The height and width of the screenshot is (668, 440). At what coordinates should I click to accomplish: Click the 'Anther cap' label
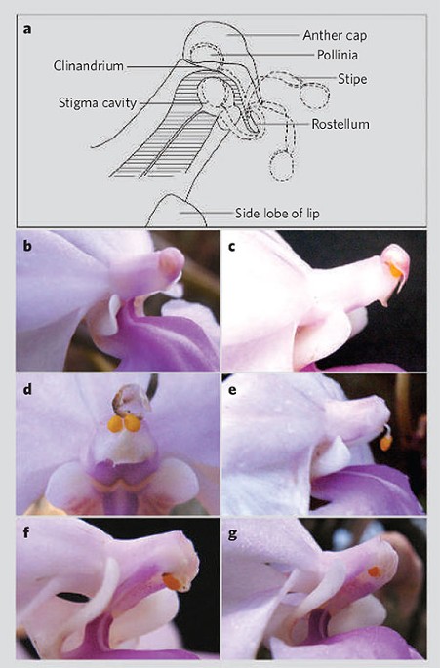point(335,35)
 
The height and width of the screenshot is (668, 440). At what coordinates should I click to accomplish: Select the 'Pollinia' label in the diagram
point(338,55)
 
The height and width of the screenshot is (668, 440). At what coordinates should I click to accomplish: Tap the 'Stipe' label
point(352,79)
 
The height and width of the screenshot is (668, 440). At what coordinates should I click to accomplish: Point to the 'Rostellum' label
point(340,124)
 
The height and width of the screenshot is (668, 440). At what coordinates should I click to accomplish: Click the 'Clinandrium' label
point(89,66)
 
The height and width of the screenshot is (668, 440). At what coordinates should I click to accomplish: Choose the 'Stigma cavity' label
point(98,103)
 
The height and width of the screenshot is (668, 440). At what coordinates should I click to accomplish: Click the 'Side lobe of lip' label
point(277,213)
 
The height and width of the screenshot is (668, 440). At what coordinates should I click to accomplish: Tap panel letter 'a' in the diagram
point(27,30)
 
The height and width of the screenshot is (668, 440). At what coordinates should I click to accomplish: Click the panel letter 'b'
point(27,246)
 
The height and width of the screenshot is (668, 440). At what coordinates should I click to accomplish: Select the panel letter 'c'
point(232,247)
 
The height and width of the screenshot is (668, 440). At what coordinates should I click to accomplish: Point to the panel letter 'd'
point(27,389)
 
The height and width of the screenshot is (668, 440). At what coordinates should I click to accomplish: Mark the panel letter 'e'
point(232,390)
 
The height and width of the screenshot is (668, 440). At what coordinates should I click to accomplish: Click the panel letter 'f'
point(26,532)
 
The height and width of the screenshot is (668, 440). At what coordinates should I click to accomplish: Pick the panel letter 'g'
point(232,534)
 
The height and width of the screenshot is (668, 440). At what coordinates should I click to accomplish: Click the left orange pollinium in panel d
point(115,424)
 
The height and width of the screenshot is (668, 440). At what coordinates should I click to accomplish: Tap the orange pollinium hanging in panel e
point(385,443)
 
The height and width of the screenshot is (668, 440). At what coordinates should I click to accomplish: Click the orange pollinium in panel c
point(395,270)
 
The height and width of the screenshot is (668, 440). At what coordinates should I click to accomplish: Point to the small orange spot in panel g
point(375,571)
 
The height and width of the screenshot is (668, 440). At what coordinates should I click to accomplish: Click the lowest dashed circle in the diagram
point(281,166)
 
